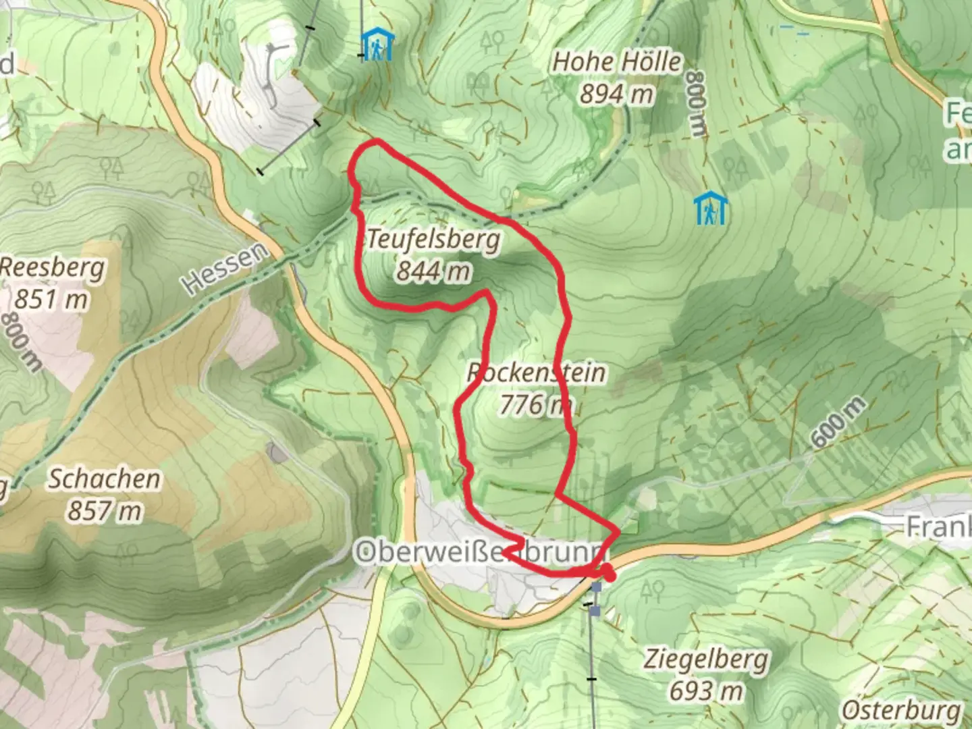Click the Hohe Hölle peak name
[617, 63]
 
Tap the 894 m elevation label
[616, 94]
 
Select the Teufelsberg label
[434, 240]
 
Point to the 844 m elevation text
[433, 271]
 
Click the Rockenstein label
[536, 373]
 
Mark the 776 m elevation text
[535, 404]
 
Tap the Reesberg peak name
[53, 268]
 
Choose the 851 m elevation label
[51, 298]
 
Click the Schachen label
[105, 479]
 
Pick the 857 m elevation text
[104, 511]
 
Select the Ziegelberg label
[705, 659]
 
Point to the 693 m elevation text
[705, 690]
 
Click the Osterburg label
[901, 711]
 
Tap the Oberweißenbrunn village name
[479, 553]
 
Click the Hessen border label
[225, 269]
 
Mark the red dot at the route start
[609, 575]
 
